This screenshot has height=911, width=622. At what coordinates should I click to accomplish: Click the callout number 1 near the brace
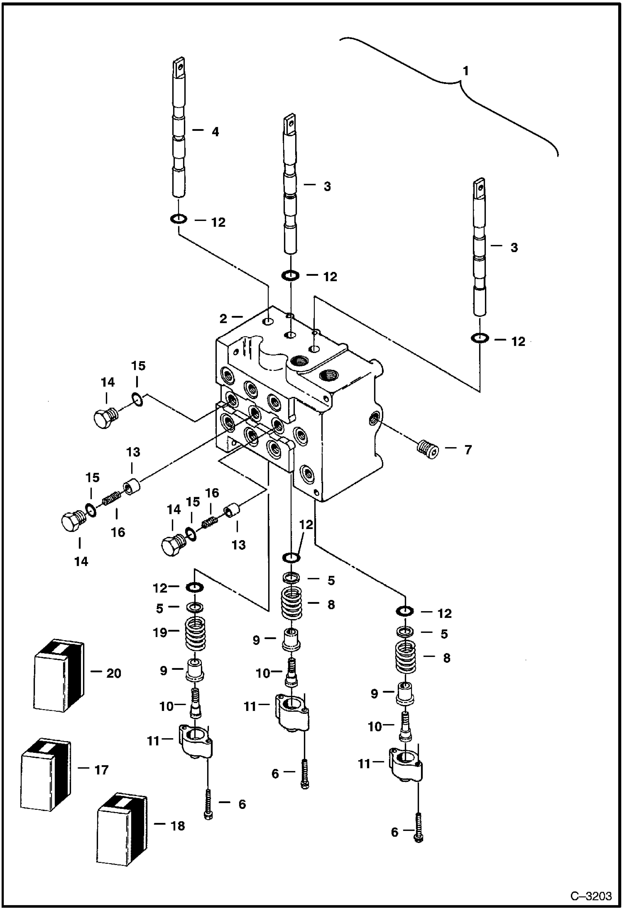pyautogui.click(x=465, y=71)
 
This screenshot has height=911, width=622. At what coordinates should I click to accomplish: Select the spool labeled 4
pyautogui.click(x=179, y=133)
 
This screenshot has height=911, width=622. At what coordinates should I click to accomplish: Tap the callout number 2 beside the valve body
pyautogui.click(x=223, y=318)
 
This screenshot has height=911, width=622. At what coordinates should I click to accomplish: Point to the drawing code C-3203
pyautogui.click(x=591, y=896)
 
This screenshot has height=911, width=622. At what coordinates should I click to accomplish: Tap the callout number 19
pyautogui.click(x=160, y=633)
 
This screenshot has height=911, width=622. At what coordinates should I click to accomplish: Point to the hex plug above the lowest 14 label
pyautogui.click(x=71, y=521)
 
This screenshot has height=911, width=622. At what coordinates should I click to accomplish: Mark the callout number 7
pyautogui.click(x=468, y=450)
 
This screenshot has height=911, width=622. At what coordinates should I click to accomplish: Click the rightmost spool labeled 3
pyautogui.click(x=480, y=249)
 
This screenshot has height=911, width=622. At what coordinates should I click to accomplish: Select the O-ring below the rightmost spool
pyautogui.click(x=480, y=338)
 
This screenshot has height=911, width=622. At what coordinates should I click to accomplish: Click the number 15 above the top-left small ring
pyautogui.click(x=138, y=366)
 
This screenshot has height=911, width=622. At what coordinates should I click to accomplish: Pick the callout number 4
pyautogui.click(x=215, y=132)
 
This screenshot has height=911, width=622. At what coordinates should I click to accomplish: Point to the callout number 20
pyautogui.click(x=114, y=673)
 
